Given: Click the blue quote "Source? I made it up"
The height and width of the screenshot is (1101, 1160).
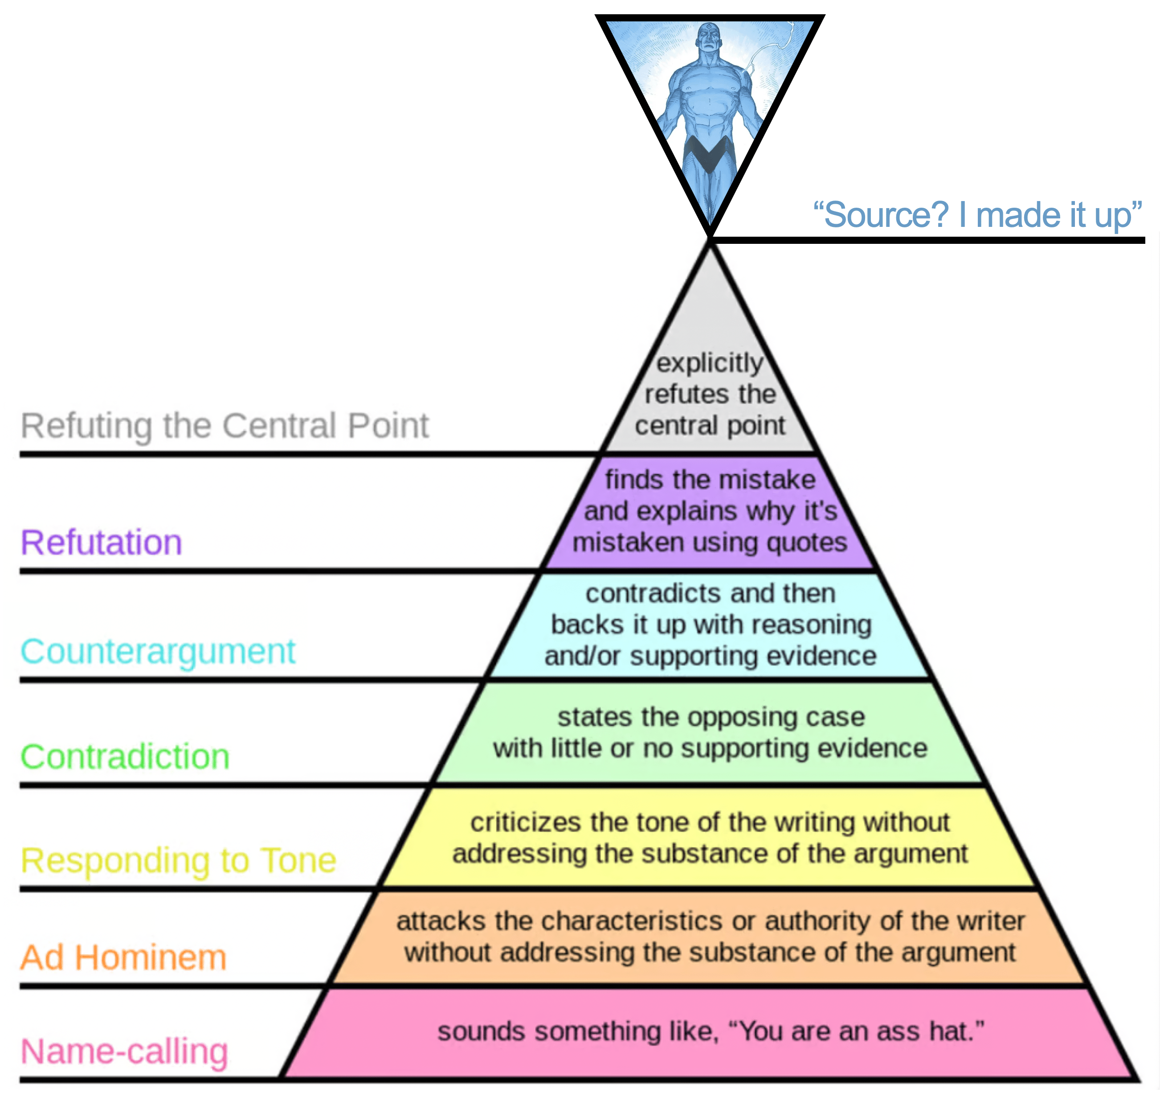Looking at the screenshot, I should click(977, 215).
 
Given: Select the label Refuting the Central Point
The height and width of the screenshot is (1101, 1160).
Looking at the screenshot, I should click(225, 426).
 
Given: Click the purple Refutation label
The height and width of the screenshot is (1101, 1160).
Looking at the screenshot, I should click(102, 542).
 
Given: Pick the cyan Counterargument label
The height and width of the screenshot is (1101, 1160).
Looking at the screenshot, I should click(158, 651).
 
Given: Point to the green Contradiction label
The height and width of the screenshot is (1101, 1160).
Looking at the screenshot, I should click(125, 756).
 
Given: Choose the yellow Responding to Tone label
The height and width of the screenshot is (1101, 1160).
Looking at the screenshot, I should click(178, 861).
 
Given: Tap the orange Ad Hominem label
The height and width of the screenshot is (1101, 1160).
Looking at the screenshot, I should click(123, 958).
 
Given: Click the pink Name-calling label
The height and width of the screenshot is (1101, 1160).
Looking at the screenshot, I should click(124, 1051).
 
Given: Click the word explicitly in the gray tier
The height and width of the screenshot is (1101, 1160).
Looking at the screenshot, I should click(710, 363).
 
